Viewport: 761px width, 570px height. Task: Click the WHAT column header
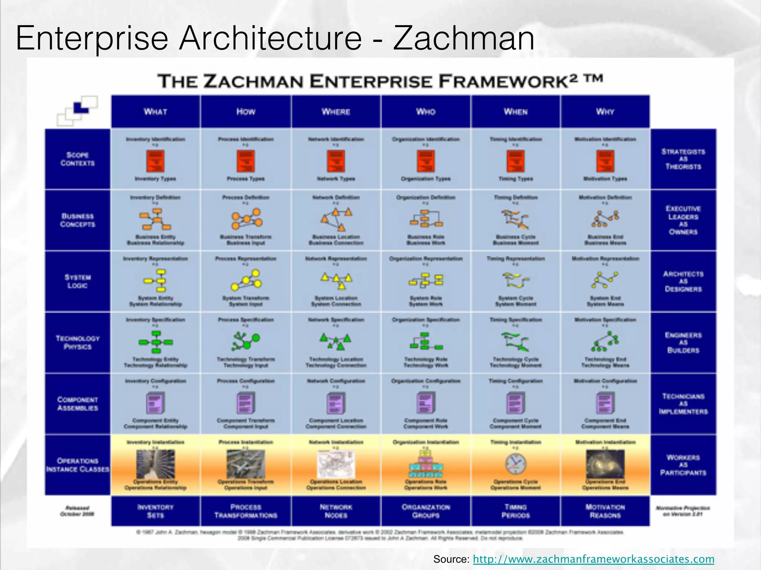pyautogui.click(x=155, y=111)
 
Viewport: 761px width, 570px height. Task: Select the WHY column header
pyautogui.click(x=605, y=111)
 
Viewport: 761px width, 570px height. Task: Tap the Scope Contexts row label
pyautogui.click(x=78, y=159)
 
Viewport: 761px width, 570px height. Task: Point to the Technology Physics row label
pyautogui.click(x=78, y=343)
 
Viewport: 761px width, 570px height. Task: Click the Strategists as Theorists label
pyautogui.click(x=683, y=159)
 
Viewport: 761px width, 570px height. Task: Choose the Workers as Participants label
pyautogui.click(x=683, y=465)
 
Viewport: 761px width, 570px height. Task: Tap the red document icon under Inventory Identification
pyautogui.click(x=155, y=161)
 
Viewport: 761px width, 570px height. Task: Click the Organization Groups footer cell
pyautogui.click(x=426, y=511)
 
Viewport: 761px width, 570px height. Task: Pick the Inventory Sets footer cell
pyautogui.click(x=155, y=511)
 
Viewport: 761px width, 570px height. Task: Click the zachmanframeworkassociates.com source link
pyautogui.click(x=593, y=559)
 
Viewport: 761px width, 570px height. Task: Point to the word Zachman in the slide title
pyautogui.click(x=464, y=38)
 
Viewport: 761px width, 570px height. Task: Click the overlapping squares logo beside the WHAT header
pyautogui.click(x=77, y=110)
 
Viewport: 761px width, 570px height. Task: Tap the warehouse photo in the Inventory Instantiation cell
pyautogui.click(x=155, y=464)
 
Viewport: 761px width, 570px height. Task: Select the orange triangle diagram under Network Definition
pyautogui.click(x=337, y=219)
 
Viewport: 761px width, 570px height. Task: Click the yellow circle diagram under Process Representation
pyautogui.click(x=246, y=280)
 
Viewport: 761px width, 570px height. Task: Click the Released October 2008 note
pyautogui.click(x=77, y=511)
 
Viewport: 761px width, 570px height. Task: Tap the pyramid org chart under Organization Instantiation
pyautogui.click(x=426, y=464)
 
